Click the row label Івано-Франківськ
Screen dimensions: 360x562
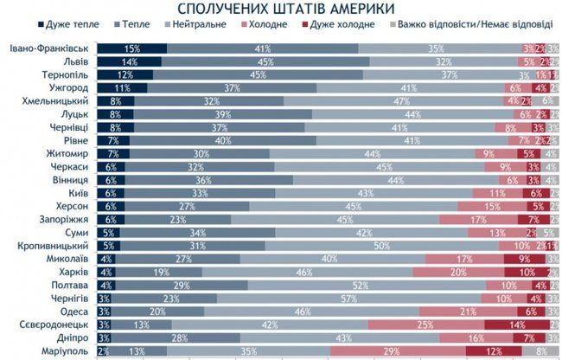(51, 48)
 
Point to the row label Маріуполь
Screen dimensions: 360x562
(67, 350)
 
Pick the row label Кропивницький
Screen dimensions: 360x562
(58, 245)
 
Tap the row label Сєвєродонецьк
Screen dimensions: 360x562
(58, 325)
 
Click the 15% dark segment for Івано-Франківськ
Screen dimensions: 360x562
(131, 48)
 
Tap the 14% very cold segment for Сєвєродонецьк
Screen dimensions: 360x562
(515, 325)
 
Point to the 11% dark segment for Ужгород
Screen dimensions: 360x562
(121, 88)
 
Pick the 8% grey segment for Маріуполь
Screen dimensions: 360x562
(540, 350)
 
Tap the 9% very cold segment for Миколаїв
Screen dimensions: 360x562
(523, 258)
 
